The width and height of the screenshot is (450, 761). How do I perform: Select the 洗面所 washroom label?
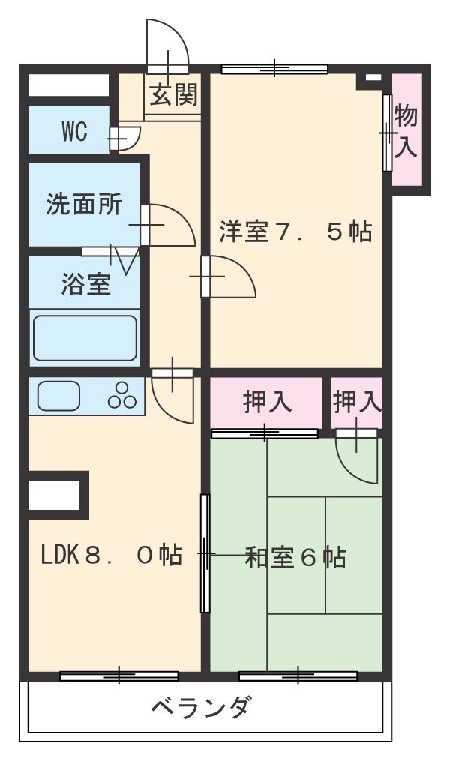(83, 204)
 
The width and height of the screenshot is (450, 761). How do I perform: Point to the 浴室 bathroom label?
(85, 284)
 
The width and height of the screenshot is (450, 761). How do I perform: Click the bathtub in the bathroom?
(84, 337)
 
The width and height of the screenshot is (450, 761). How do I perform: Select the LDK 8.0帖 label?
(111, 556)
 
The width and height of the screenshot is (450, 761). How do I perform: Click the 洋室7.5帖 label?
(295, 232)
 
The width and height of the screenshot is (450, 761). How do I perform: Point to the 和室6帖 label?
(295, 558)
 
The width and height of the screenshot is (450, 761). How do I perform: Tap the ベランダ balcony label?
(201, 707)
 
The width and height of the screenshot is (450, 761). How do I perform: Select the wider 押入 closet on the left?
(267, 403)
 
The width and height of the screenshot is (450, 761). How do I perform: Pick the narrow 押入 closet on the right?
(357, 403)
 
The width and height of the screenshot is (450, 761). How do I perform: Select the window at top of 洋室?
(274, 70)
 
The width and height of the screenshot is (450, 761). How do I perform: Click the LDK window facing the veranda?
(119, 676)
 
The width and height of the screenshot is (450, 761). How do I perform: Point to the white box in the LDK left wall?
(54, 496)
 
